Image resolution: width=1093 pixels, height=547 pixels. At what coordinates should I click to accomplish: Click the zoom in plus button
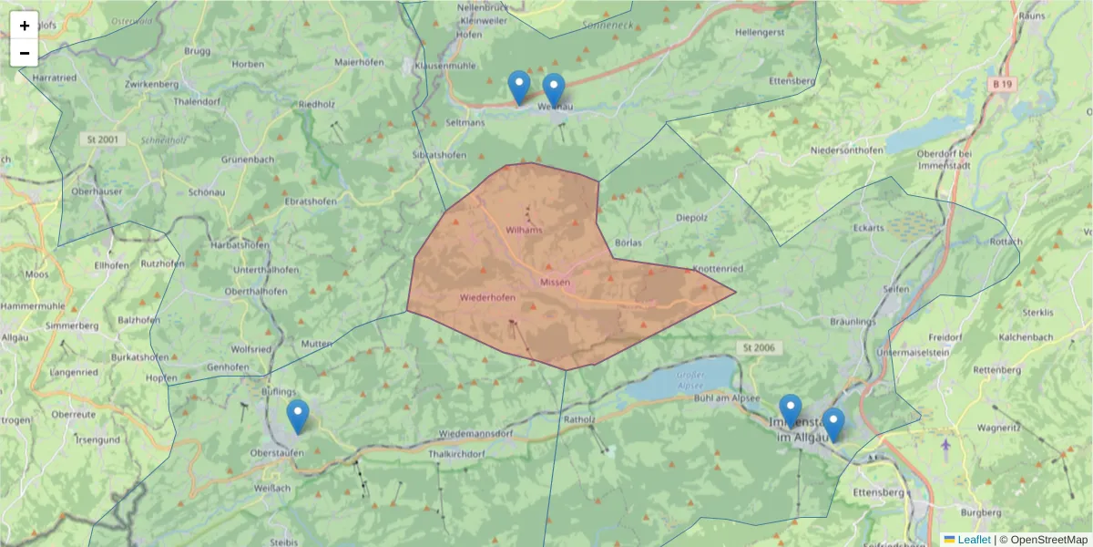tap(25, 26)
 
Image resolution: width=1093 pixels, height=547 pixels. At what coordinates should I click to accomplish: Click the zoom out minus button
tap(25, 53)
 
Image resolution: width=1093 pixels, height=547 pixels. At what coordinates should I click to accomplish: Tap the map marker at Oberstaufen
tap(298, 417)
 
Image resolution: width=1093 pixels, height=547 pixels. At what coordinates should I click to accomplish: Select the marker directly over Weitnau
tap(554, 90)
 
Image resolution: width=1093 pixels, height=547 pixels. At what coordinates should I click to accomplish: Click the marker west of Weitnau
tap(519, 88)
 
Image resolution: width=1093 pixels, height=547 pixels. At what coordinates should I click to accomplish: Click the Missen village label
tap(555, 283)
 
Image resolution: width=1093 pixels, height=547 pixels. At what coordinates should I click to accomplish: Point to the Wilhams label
tap(524, 230)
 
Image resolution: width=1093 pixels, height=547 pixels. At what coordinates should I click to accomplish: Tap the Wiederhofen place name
tap(488, 298)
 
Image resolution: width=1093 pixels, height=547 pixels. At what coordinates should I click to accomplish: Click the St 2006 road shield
tap(757, 348)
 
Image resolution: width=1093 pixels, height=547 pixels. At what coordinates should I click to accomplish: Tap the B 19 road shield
tap(1002, 84)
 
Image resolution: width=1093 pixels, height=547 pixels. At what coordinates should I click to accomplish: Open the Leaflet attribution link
tap(974, 540)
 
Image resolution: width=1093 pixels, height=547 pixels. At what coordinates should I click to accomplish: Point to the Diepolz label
tap(692, 218)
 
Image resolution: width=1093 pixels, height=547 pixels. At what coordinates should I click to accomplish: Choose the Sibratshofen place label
tap(441, 155)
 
